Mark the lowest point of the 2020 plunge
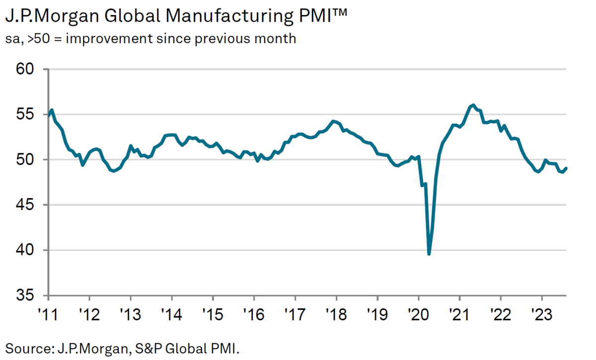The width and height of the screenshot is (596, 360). point(429,254)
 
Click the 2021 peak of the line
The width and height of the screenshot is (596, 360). point(473,105)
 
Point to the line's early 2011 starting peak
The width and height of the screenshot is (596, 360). point(52,110)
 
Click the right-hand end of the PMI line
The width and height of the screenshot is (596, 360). point(567,168)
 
